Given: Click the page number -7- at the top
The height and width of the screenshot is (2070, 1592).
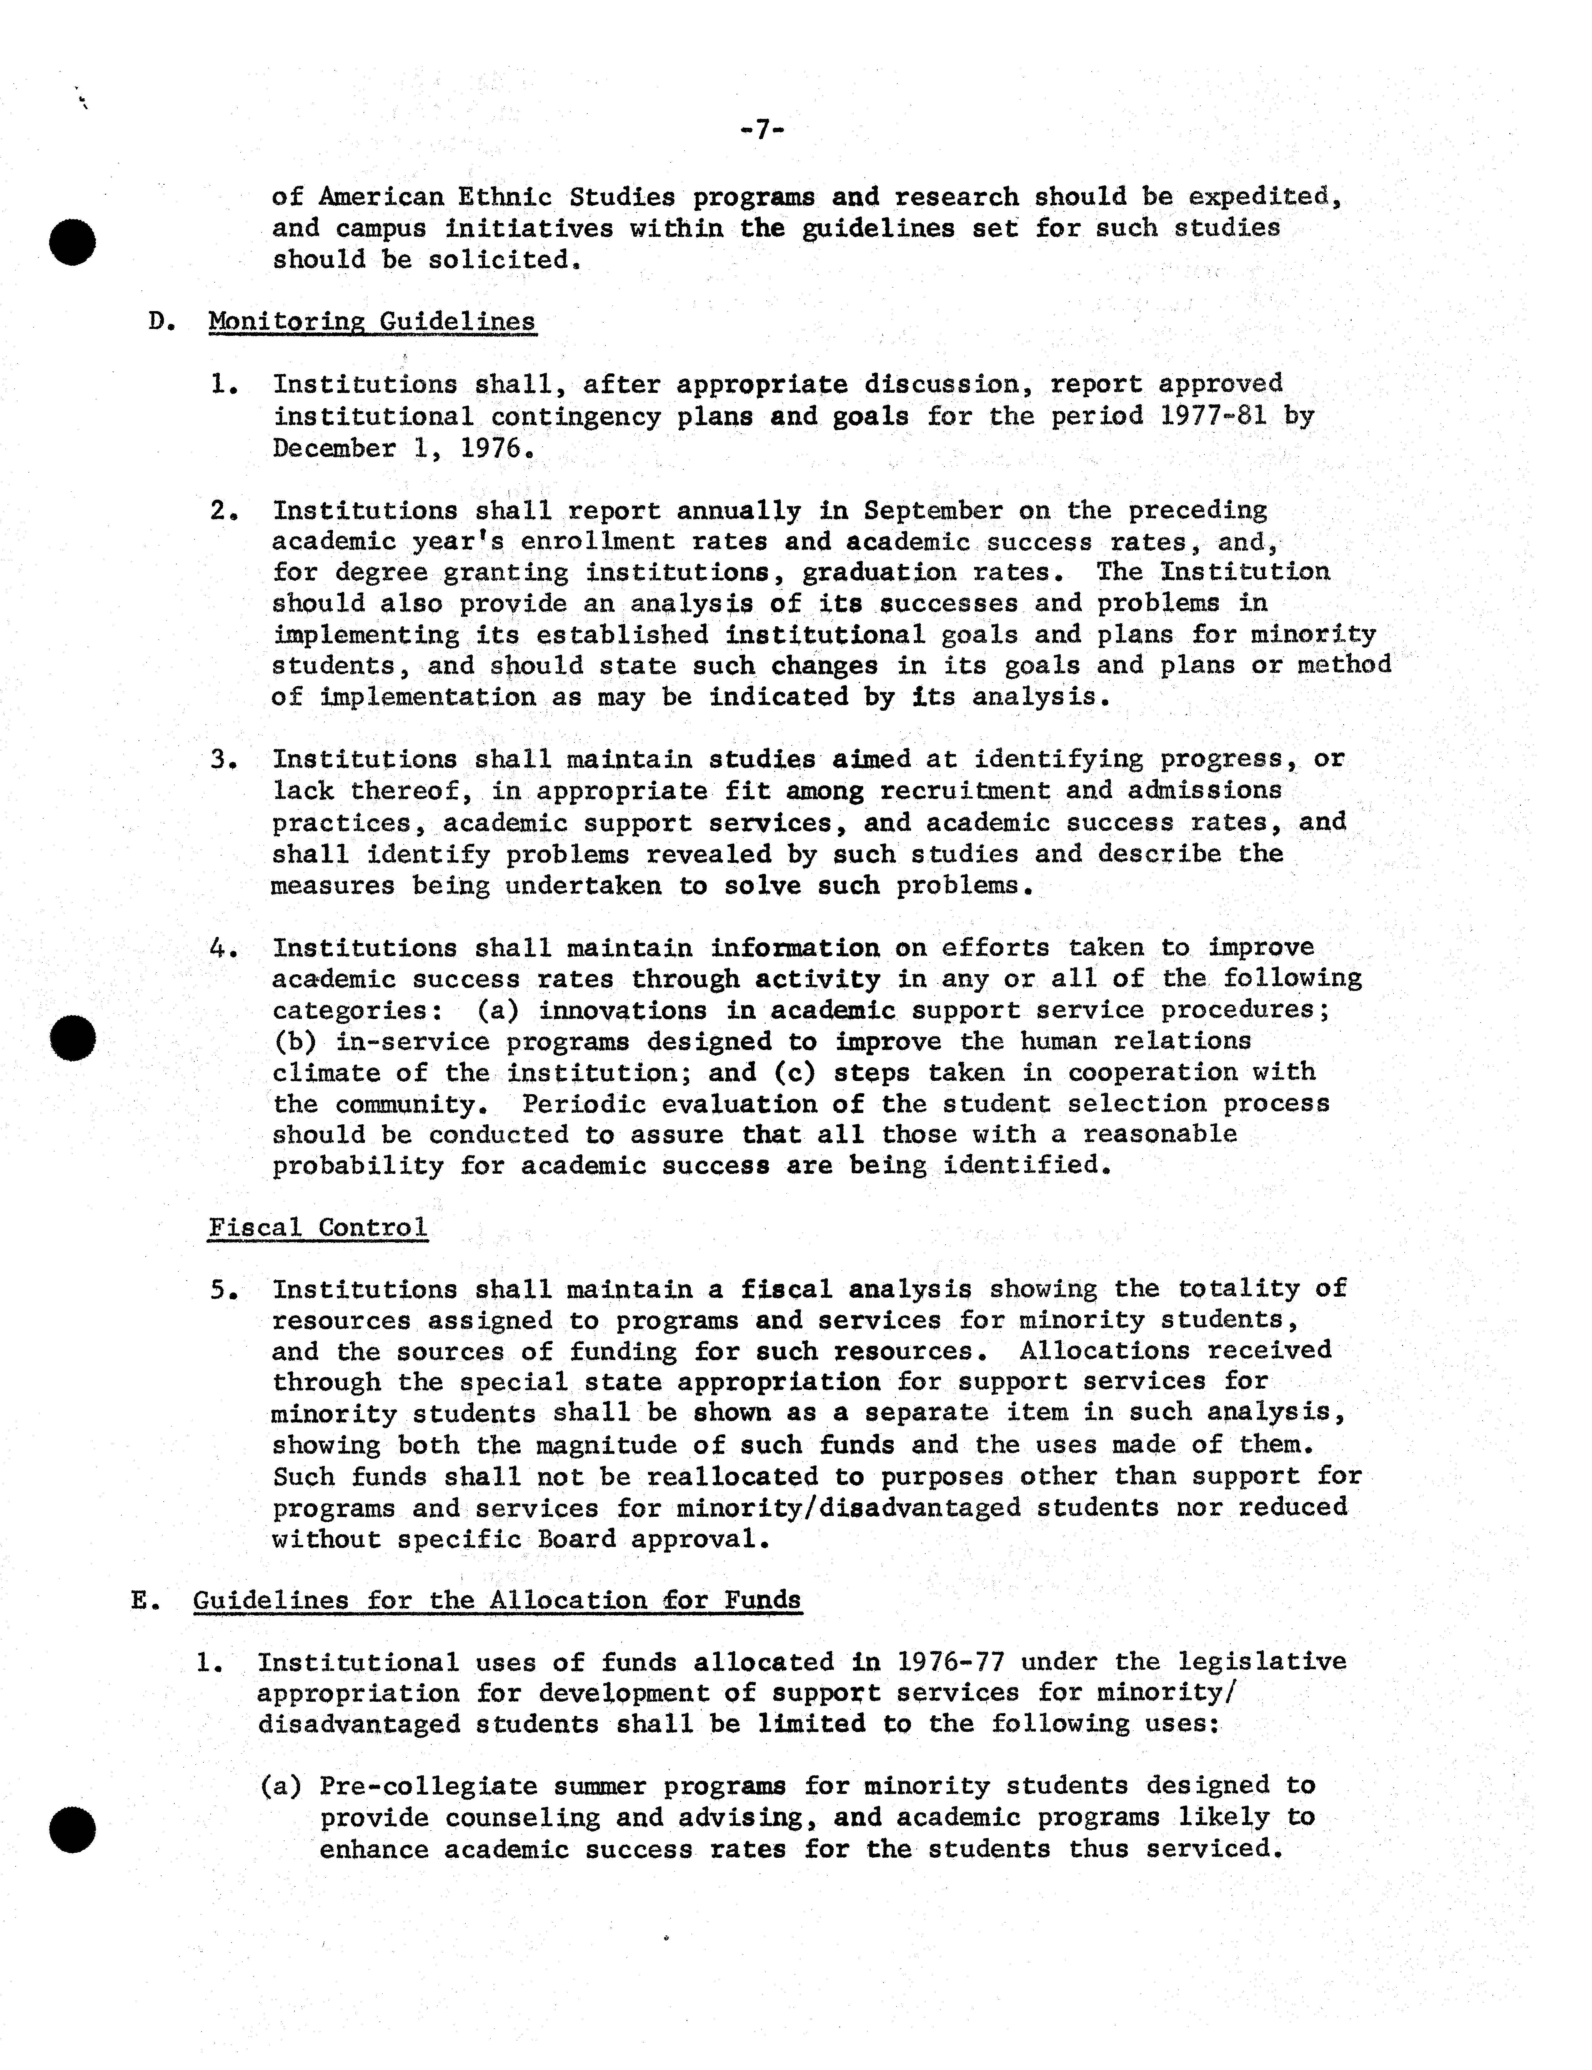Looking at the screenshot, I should coord(761,130).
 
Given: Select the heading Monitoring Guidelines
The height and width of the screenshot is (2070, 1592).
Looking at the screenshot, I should coord(371,322).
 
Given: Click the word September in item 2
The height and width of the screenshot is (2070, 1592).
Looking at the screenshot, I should coord(932,511).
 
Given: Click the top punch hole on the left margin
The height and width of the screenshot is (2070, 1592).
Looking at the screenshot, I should coord(73,241).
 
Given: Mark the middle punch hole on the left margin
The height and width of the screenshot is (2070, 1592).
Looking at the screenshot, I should coord(73,1038).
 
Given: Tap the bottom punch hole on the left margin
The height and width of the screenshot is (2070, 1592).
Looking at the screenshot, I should coord(73,1828).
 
